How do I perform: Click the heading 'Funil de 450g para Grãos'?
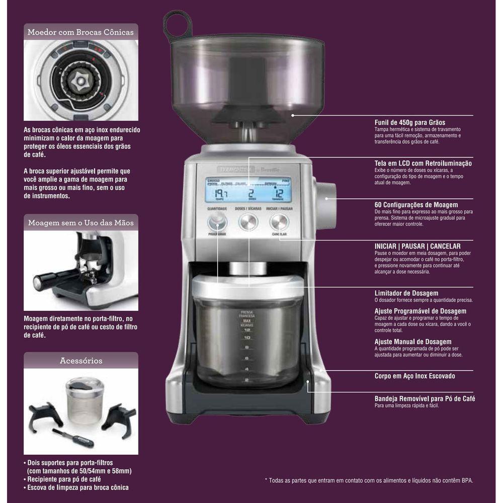coord(409,122)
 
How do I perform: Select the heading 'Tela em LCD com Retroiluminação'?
coord(423,163)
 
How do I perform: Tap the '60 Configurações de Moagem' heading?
coord(416,205)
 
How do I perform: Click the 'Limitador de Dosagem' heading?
coord(406,293)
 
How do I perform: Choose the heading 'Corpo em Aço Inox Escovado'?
coord(415,376)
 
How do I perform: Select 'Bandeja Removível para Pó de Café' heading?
coord(425,398)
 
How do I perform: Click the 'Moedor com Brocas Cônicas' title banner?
coord(80,32)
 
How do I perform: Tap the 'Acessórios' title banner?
coord(80,361)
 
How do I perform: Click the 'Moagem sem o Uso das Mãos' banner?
coord(80,222)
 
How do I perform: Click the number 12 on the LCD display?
coord(279,194)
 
